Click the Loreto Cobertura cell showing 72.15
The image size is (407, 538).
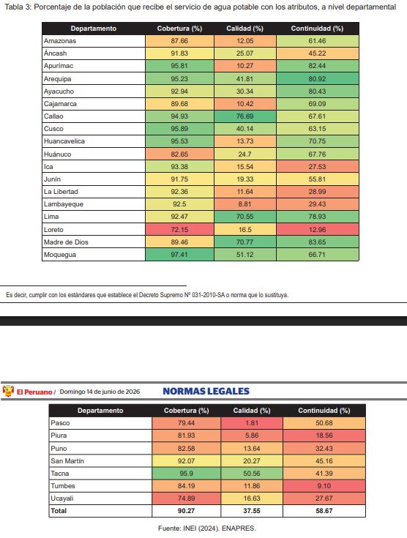[179, 230]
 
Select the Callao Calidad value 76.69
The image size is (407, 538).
[244, 116]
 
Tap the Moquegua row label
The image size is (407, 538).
[60, 255]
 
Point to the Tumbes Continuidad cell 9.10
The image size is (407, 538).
[324, 486]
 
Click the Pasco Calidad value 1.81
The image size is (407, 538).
[252, 423]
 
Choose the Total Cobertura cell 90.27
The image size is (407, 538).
[187, 511]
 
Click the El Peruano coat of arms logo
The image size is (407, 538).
[8, 391]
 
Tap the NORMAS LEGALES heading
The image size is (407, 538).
[206, 391]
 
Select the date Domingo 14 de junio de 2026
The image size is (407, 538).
[100, 392]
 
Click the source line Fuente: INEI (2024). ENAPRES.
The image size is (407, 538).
[207, 528]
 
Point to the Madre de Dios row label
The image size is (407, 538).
[66, 242]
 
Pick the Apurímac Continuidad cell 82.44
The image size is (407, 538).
[318, 66]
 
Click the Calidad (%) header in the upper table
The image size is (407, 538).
[244, 29]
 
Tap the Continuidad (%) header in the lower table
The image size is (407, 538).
[324, 411]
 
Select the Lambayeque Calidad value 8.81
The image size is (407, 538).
[244, 204]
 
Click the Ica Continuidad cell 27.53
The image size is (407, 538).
[318, 167]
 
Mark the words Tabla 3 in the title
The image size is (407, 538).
[18, 7]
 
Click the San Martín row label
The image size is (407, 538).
[67, 461]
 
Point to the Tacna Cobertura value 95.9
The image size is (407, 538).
[187, 474]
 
